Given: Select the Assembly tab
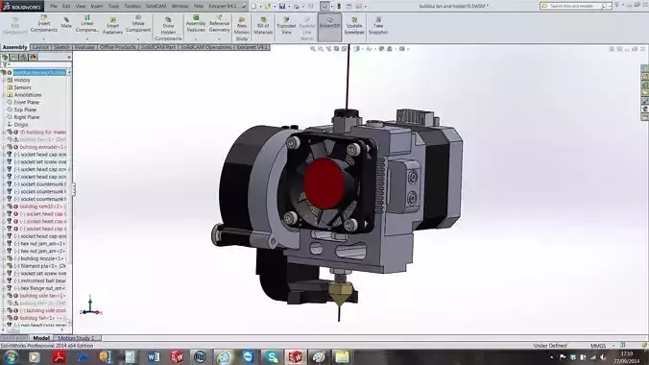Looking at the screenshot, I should click(x=14, y=46).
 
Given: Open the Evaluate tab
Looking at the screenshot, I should click(x=84, y=46).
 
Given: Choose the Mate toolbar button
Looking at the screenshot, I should click(x=67, y=24).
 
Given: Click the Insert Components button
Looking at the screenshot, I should click(x=42, y=24).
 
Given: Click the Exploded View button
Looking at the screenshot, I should click(x=286, y=24).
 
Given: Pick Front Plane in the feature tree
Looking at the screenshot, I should click(x=26, y=102).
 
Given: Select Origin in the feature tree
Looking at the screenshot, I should click(x=21, y=123).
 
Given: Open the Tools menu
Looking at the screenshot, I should click(x=112, y=5).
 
